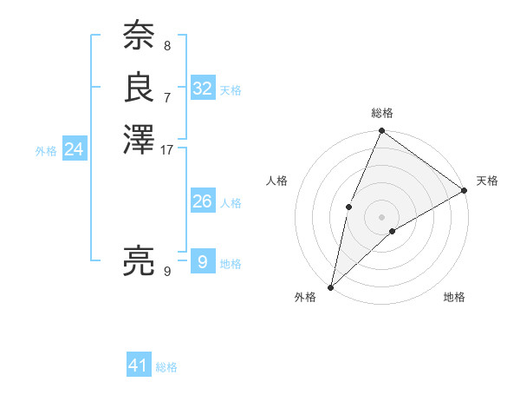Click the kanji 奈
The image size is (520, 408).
139,37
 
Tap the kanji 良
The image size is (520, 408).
139,87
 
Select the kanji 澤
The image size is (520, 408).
139,139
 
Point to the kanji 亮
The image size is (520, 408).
139,260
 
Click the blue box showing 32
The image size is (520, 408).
203,89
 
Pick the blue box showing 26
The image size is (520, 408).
203,201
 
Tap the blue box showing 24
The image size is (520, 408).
74,149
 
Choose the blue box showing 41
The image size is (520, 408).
139,365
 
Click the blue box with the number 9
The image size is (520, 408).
203,262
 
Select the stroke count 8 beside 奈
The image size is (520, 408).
167,46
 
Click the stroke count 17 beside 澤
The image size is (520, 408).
167,149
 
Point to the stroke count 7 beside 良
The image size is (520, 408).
167,97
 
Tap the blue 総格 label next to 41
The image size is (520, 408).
166,367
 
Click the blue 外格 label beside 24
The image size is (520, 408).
46,151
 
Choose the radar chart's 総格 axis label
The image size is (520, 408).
382,113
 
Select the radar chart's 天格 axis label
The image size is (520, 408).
487,181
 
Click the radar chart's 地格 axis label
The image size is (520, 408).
454,297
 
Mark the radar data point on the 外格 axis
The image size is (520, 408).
331,286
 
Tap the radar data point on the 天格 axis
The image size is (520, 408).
464,189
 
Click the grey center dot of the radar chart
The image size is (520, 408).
381,216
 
